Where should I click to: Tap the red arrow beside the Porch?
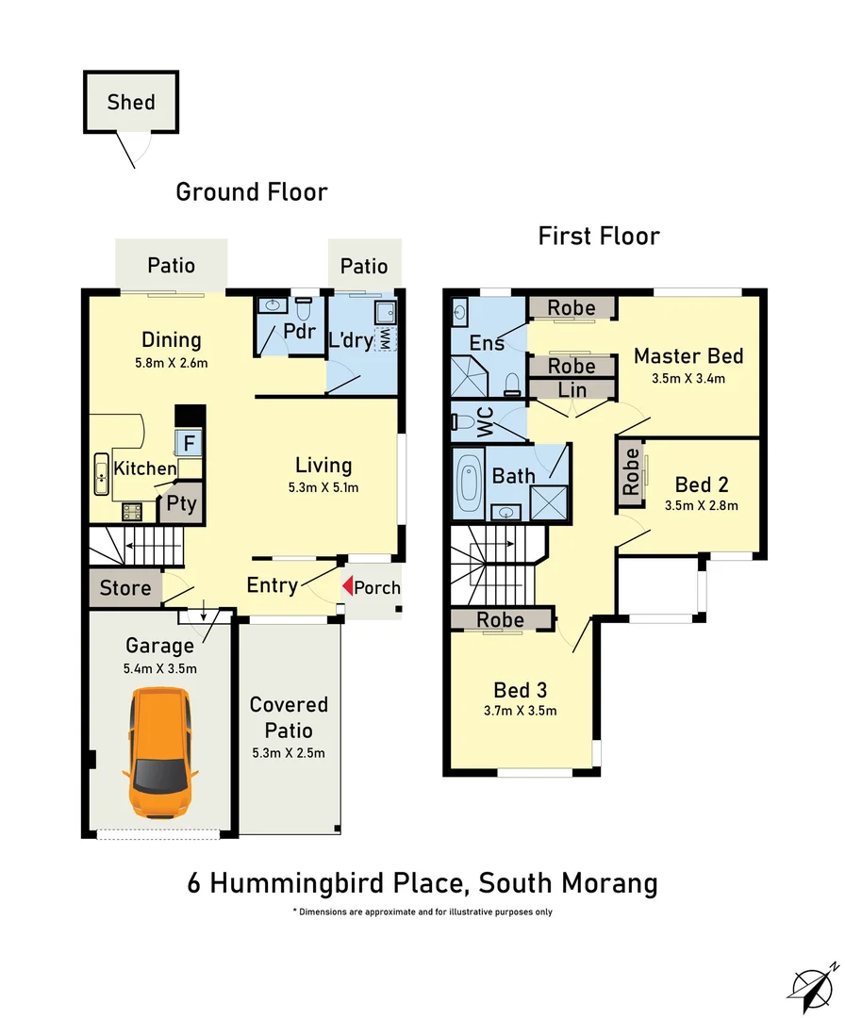(346, 586)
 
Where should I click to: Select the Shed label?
(130, 102)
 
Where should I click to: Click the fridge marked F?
(189, 441)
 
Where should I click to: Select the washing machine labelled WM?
(385, 339)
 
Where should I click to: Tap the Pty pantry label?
(181, 504)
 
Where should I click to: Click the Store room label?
(125, 588)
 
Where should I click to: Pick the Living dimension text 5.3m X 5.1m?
(323, 487)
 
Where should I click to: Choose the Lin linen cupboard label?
(572, 389)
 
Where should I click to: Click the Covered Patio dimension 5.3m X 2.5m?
(288, 752)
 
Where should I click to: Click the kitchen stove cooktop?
(131, 512)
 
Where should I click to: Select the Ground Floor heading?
(252, 192)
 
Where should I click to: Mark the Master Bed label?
(688, 355)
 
